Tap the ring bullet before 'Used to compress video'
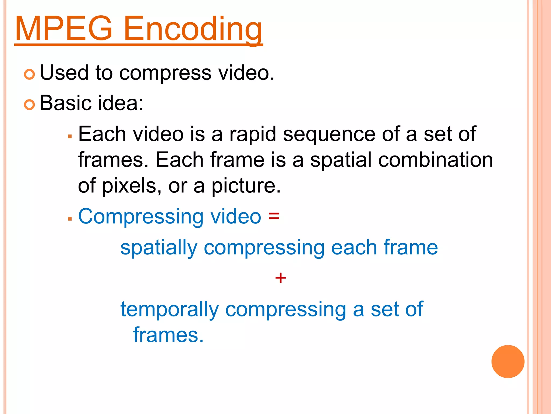(29, 74)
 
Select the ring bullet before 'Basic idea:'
(29, 105)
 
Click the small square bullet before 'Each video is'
(70, 136)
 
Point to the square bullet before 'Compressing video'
(70, 219)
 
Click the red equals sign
(274, 216)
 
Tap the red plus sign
(280, 278)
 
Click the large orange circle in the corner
(508, 361)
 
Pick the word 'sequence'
(329, 134)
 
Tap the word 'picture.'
(246, 186)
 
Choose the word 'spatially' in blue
(159, 248)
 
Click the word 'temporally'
(169, 310)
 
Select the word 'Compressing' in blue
(141, 217)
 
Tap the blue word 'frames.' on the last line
(168, 335)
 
